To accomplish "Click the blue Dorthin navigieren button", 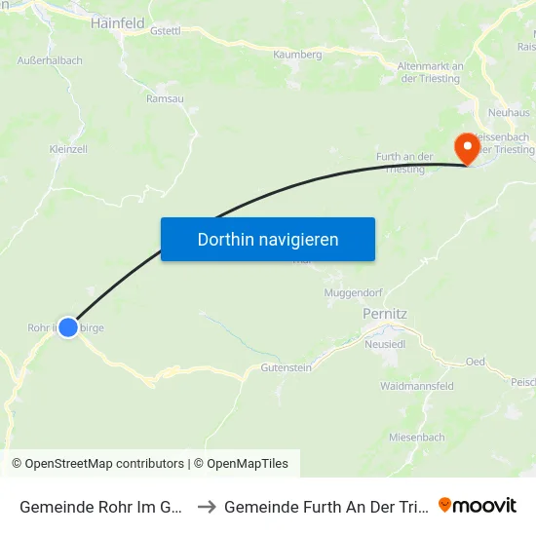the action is point(268,239).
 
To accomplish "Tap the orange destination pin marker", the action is point(468,148).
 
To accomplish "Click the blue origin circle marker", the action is point(68,327).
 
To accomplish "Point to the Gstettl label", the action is point(166,30).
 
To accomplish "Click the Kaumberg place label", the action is point(297,55).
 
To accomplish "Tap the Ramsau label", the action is point(165,98).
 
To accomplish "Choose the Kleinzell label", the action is point(68,149).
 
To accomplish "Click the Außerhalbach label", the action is point(50,60).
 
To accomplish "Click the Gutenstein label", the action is point(286,367).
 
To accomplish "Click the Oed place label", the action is point(476,362).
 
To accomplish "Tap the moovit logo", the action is point(478,506).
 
